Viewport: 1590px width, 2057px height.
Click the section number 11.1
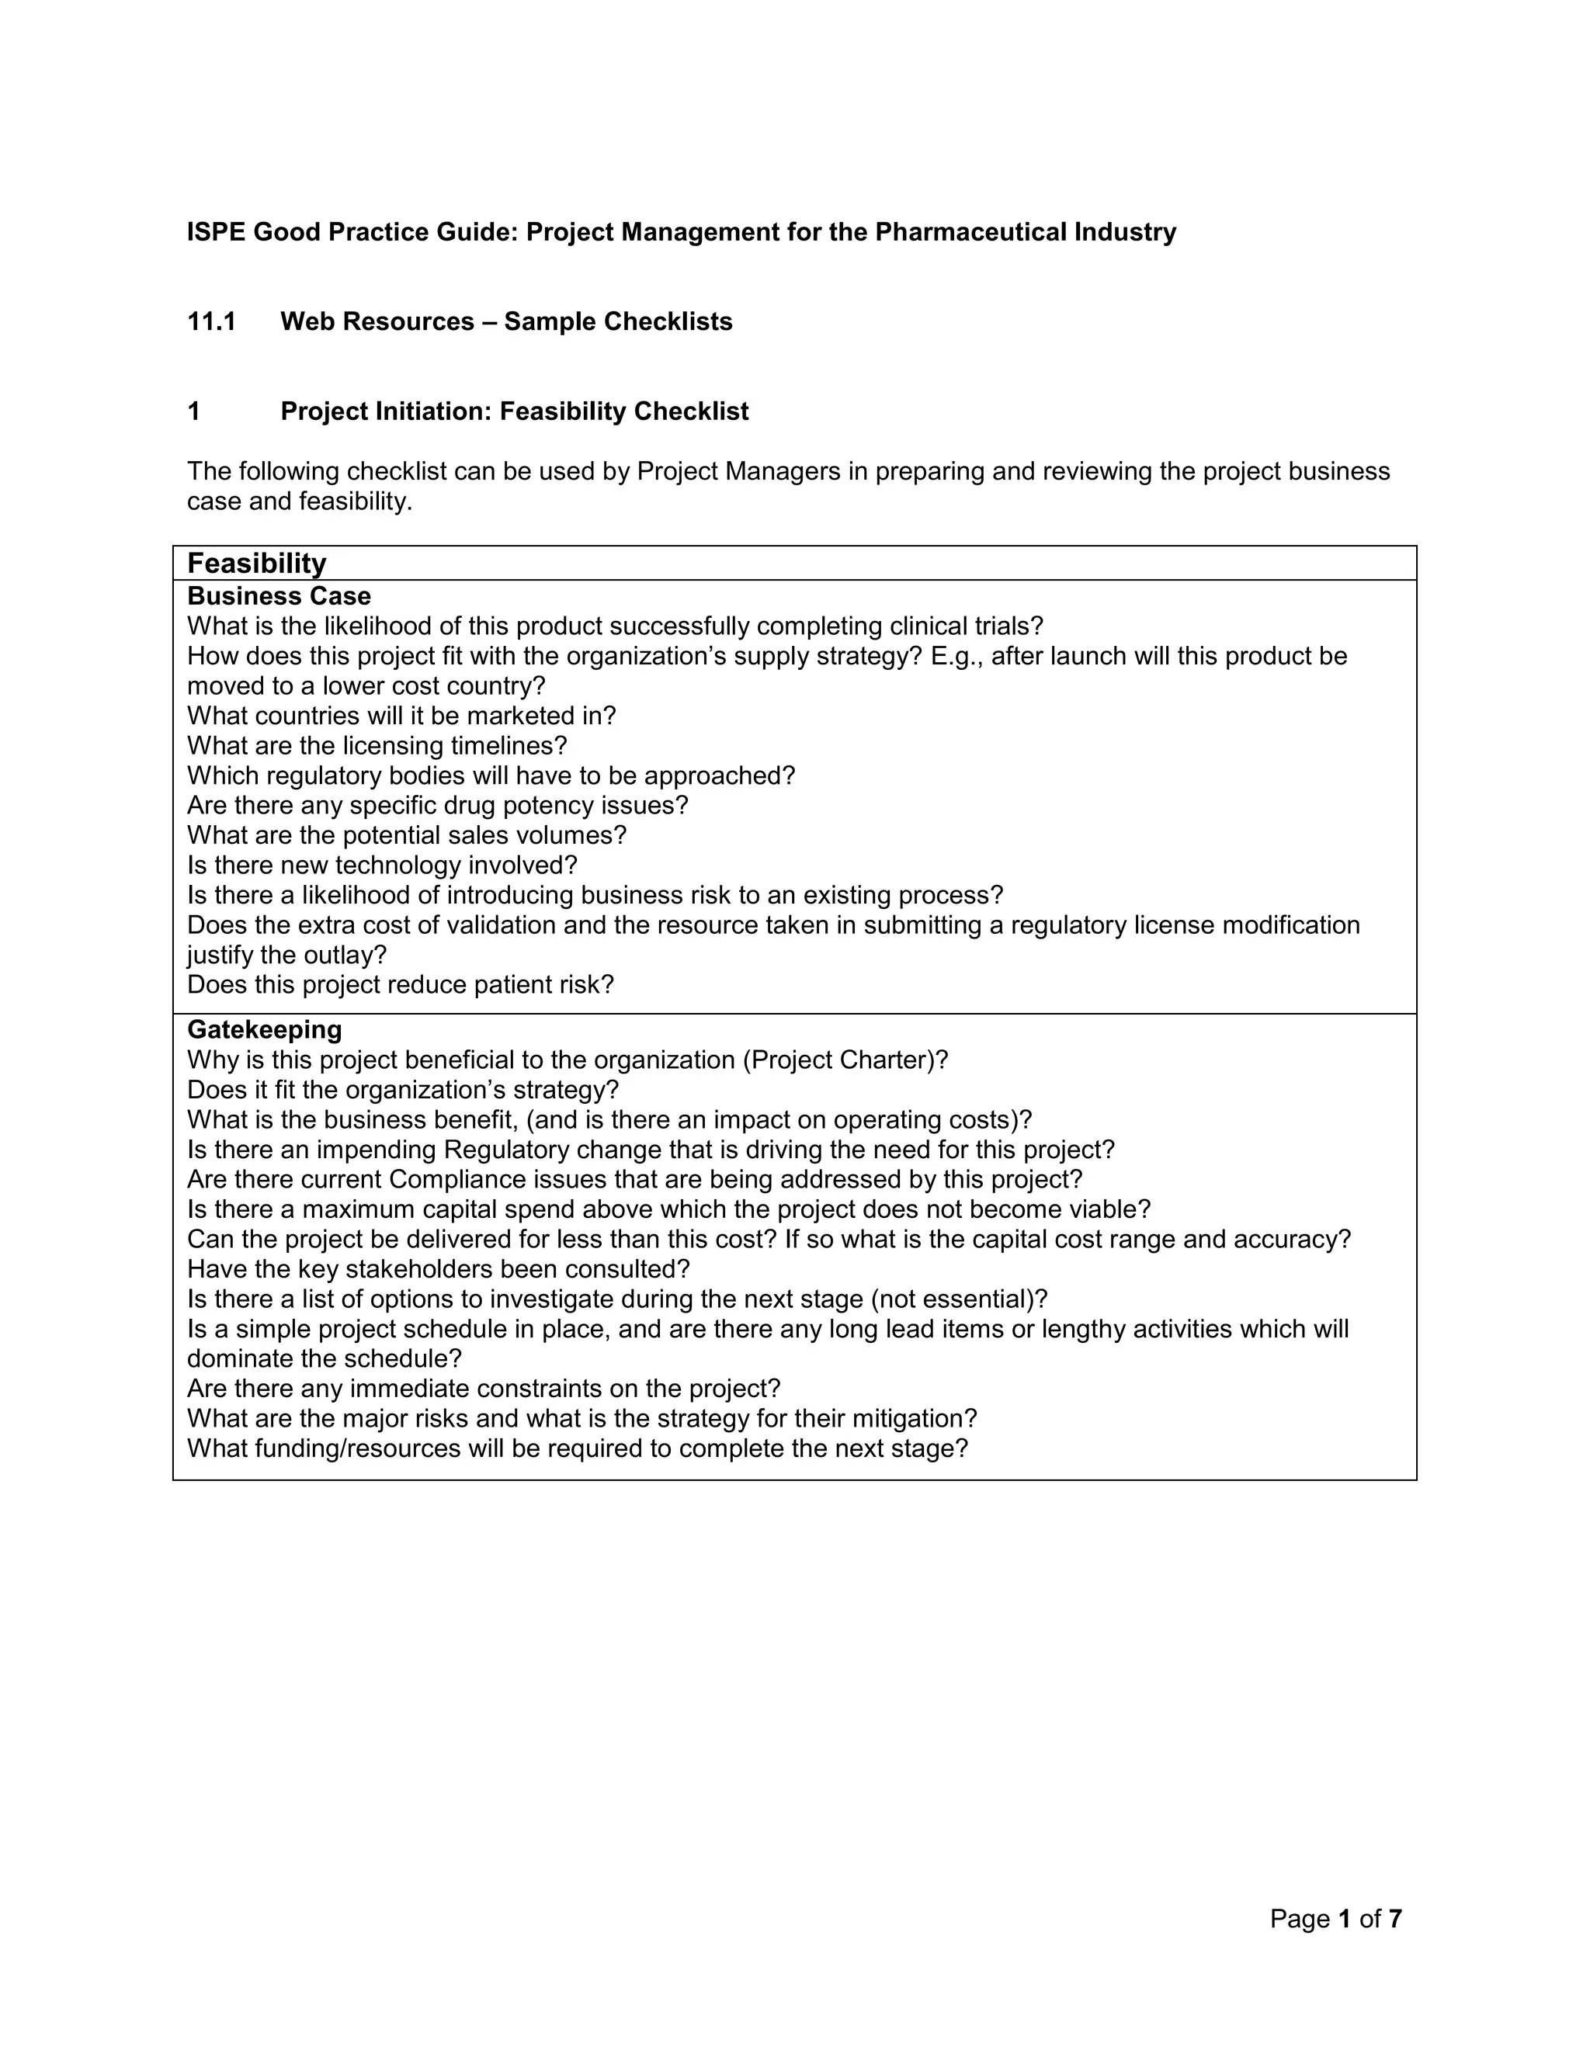[x=211, y=322]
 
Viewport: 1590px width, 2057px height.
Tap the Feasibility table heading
[x=256, y=564]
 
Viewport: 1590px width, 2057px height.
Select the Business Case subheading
[x=279, y=596]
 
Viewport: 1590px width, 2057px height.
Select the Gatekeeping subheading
[x=264, y=1029]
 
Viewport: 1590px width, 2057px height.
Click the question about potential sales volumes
[x=406, y=835]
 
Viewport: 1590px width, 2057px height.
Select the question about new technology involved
[x=381, y=865]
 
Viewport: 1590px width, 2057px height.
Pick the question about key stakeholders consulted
[x=438, y=1270]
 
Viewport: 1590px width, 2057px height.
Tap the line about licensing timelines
[x=377, y=746]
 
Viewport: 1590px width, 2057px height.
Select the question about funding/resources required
[x=577, y=1448]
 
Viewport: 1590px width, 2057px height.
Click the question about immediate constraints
[x=483, y=1389]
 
